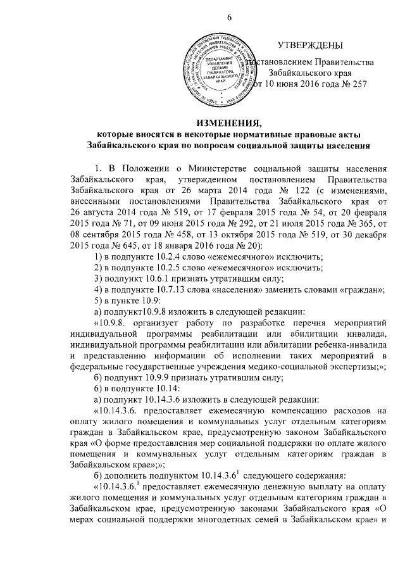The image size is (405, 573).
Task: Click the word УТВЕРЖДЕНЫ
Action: tap(309, 46)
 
